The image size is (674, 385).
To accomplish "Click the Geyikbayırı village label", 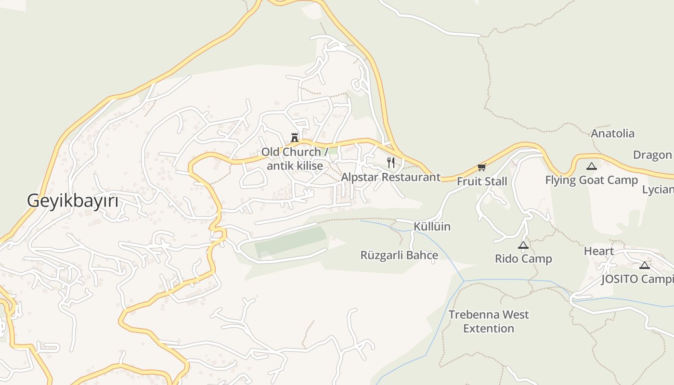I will click(72, 200).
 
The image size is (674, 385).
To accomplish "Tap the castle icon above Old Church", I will click(294, 138).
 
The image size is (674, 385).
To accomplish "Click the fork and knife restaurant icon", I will click(391, 163).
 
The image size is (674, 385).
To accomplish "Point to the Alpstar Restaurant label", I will click(390, 177).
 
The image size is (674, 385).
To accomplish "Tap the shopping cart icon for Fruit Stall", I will click(481, 167).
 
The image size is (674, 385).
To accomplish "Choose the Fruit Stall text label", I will click(482, 181).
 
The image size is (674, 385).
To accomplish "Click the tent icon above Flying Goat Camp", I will click(591, 167).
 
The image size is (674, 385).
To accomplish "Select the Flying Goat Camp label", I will click(591, 180).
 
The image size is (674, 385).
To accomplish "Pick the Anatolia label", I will click(612, 133).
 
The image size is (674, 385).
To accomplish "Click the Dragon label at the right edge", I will click(653, 155).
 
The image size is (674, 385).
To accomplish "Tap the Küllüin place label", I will click(432, 226).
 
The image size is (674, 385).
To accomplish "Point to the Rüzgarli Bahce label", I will click(399, 255).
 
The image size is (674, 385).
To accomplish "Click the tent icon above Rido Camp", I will click(523, 245).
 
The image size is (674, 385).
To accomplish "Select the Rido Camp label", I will click(523, 259).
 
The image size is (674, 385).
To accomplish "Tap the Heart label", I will click(598, 251).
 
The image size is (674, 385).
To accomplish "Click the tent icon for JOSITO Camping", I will click(645, 265).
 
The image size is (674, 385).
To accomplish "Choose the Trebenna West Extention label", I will click(489, 321).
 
